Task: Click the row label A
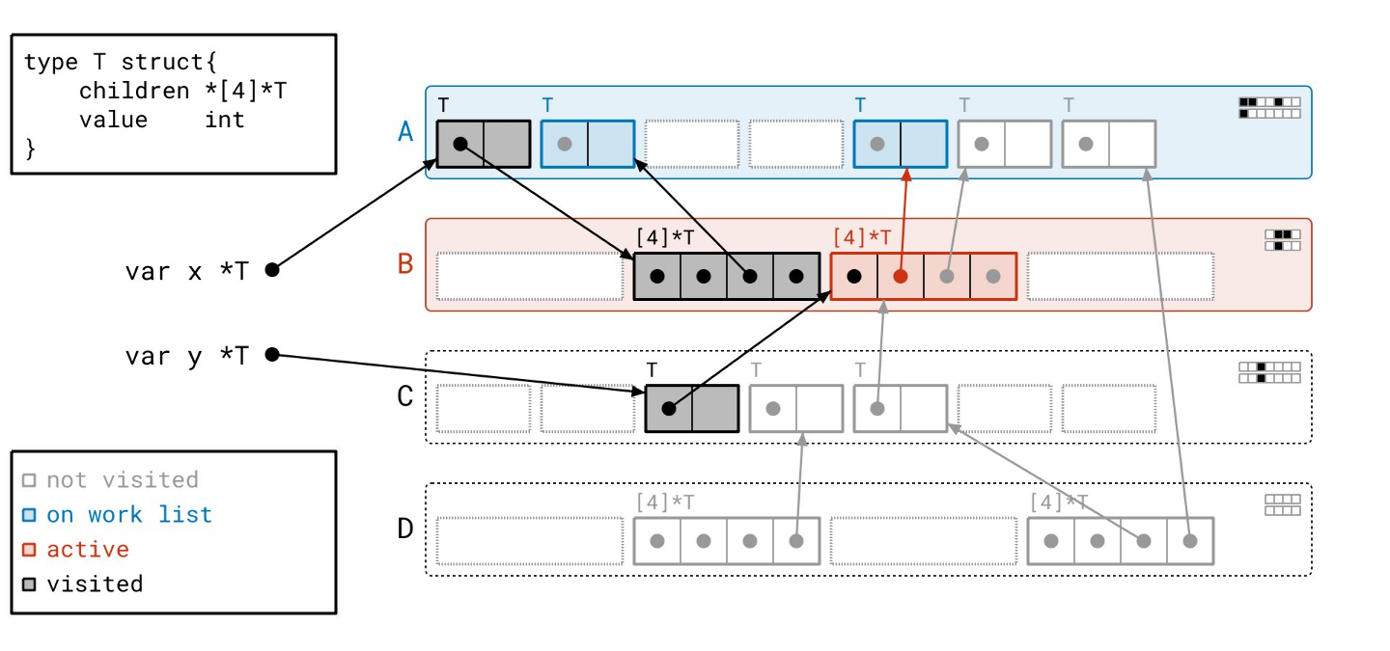click(405, 131)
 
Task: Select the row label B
click(405, 263)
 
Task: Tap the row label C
click(405, 395)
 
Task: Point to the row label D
click(405, 528)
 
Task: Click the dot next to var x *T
click(272, 270)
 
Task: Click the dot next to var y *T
click(272, 355)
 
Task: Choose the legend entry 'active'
click(88, 549)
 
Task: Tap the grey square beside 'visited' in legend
click(29, 584)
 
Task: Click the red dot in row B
click(901, 276)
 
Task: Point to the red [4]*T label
click(861, 237)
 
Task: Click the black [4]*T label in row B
click(664, 237)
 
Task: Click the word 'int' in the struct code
click(224, 120)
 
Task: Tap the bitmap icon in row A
click(1269, 107)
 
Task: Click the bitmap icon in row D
click(1282, 504)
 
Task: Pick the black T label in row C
click(652, 369)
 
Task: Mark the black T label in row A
click(443, 104)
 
